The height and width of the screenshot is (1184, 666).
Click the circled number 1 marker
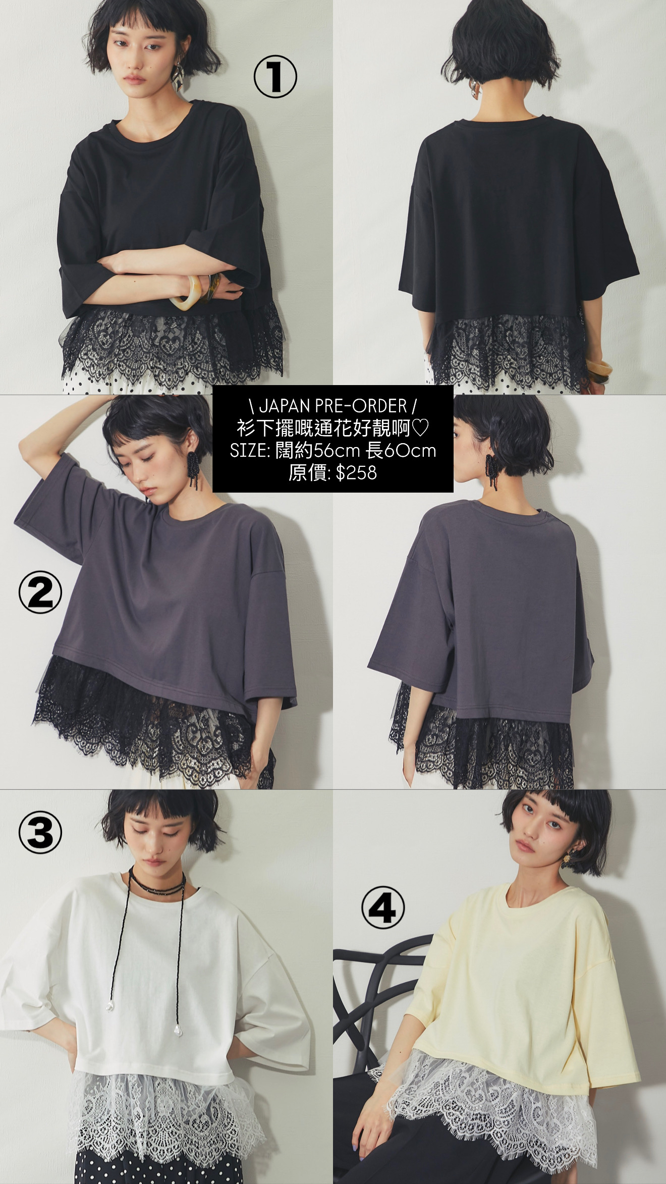pos(275,76)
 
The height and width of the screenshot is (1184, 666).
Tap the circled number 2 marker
pos(40,592)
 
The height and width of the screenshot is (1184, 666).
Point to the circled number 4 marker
pos(383,908)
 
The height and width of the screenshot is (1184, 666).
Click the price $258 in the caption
pos(356,473)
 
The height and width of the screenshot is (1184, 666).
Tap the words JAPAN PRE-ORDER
pos(333,406)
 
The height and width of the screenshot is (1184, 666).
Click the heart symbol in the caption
pos(420,428)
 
